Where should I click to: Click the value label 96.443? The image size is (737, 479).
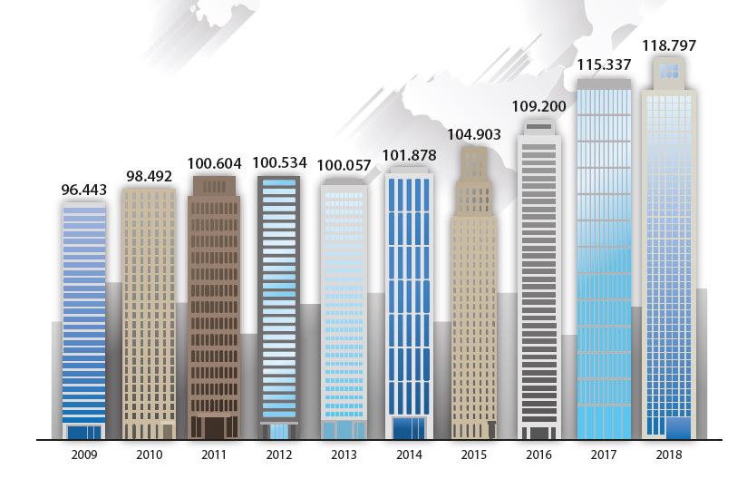pos(83,191)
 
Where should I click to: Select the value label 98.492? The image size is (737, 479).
pos(149,176)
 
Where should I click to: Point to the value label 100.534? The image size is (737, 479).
pos(279,163)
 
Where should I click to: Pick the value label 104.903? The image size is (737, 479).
pos(474,134)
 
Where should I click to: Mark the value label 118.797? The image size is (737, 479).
pos(669,44)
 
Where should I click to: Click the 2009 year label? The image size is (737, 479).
pos(83,455)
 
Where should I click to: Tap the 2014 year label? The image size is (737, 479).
pos(409,455)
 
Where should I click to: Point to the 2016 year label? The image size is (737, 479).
pos(538,455)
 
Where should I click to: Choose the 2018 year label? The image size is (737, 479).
pos(669,455)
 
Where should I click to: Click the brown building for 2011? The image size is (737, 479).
pos(214,308)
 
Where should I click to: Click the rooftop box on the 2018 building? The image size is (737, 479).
pos(669,70)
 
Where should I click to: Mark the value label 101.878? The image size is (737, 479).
pos(409,155)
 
